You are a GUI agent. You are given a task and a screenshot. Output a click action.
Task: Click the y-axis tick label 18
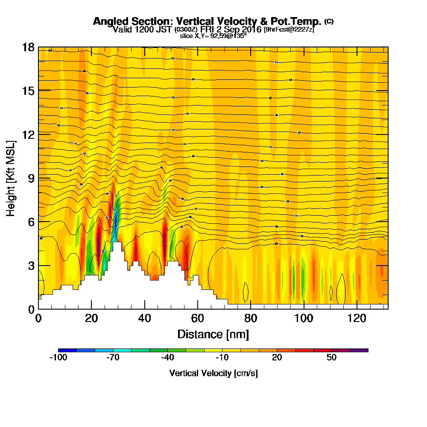coord(28,47)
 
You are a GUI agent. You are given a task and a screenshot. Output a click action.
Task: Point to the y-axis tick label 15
coord(28,91)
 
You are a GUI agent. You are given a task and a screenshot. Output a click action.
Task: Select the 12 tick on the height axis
coord(28,134)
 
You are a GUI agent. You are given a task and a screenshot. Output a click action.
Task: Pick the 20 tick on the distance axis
coord(91,318)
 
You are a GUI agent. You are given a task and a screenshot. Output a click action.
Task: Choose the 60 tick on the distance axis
coord(197,318)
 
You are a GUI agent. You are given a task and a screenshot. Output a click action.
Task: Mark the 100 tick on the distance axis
coord(304,318)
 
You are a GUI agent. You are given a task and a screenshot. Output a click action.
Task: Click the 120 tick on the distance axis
coord(357,318)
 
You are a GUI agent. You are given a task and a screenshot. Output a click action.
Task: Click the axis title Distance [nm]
coord(213,333)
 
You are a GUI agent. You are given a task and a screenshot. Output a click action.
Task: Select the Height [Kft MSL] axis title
coord(11,178)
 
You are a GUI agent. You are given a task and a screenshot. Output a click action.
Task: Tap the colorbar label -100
coord(58,358)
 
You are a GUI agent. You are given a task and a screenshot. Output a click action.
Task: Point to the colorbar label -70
coord(113,358)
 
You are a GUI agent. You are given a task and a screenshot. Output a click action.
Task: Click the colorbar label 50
coord(332,358)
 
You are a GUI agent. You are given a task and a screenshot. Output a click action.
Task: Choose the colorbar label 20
coord(277,358)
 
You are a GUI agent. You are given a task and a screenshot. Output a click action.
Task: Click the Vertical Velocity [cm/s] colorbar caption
coord(213,373)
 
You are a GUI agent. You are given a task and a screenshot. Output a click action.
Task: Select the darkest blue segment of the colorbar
coord(67,350)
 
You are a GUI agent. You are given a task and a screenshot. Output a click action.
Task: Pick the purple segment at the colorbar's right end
coord(359,350)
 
